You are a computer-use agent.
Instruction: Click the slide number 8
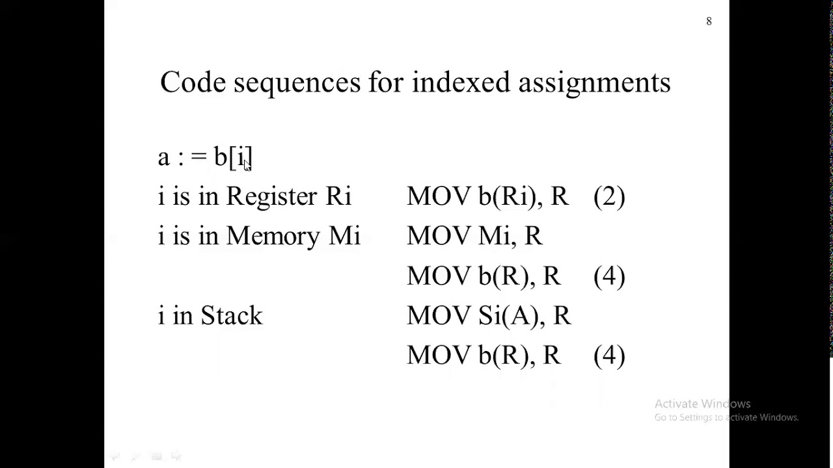(709, 21)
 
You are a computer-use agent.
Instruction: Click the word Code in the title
(192, 83)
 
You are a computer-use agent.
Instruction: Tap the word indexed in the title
(461, 83)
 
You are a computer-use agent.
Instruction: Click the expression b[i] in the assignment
(232, 157)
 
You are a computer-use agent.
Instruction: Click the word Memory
(273, 237)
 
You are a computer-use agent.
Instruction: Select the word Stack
(231, 316)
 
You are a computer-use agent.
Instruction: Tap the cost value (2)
(609, 197)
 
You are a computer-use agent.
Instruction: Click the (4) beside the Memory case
(609, 276)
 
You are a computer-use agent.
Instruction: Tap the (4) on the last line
(609, 356)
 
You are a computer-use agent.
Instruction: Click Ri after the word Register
(338, 197)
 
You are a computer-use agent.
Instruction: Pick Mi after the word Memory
(344, 237)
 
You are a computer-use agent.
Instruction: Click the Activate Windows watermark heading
(702, 404)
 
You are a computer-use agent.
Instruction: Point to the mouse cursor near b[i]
(247, 166)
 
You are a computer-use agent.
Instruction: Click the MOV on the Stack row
(438, 316)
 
